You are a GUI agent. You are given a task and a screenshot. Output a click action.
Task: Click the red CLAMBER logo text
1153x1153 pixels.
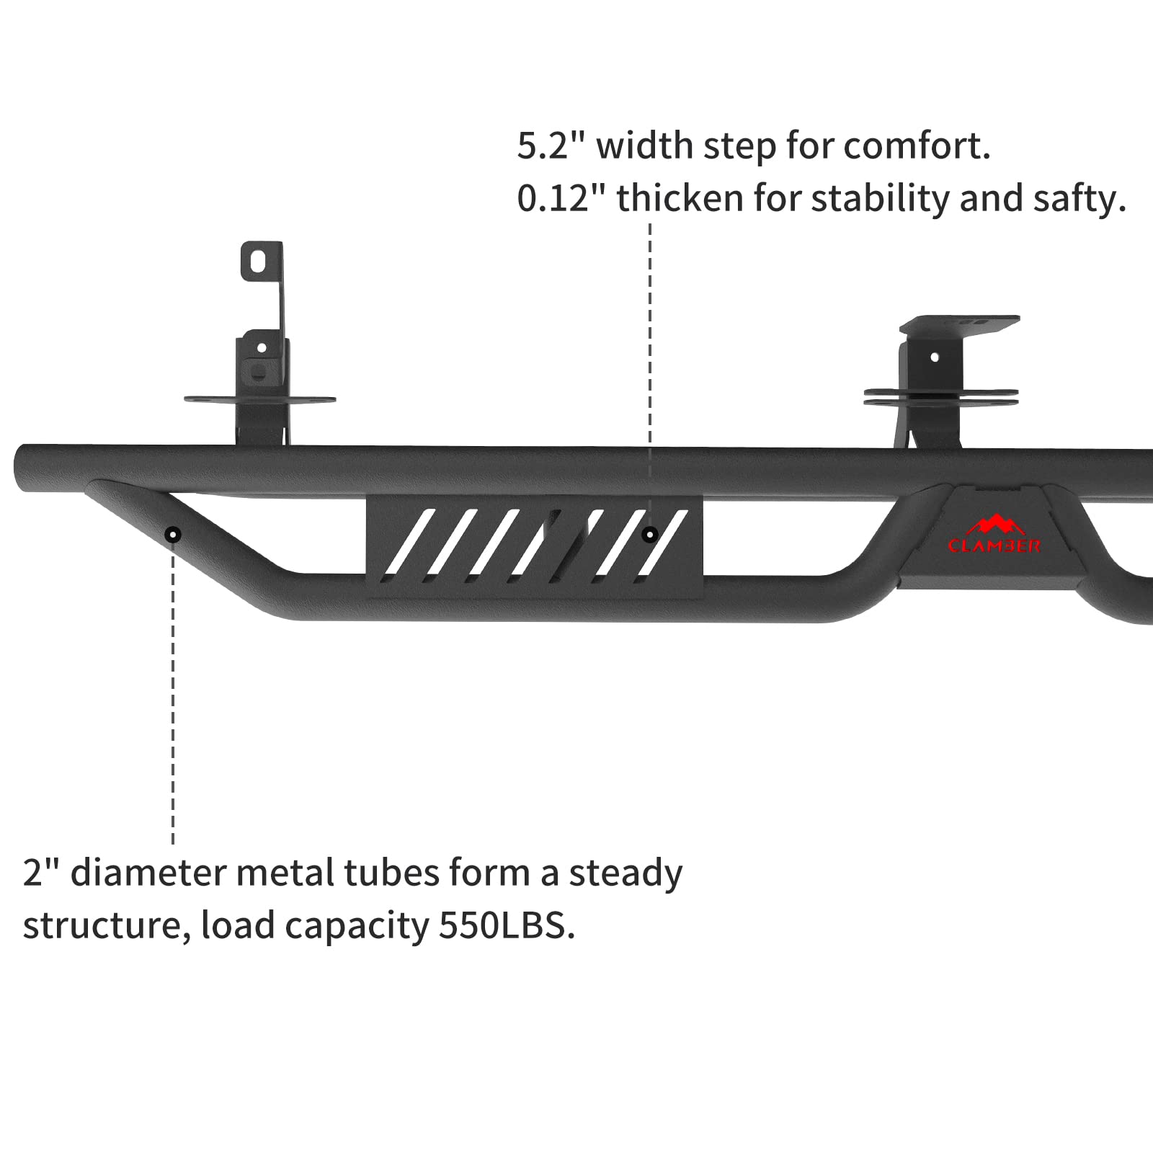point(994,546)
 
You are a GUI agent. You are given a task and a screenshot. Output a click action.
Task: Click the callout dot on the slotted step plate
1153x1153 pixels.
point(650,535)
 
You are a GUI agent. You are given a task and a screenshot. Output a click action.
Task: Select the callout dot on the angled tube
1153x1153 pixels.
point(173,535)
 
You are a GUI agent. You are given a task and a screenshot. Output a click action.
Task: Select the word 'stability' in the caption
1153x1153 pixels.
point(880,199)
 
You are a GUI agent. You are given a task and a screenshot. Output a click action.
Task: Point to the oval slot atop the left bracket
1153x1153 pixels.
point(258,261)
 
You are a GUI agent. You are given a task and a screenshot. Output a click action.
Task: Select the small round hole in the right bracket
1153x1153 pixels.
point(935,357)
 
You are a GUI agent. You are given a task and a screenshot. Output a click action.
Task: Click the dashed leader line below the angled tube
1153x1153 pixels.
point(173,692)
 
